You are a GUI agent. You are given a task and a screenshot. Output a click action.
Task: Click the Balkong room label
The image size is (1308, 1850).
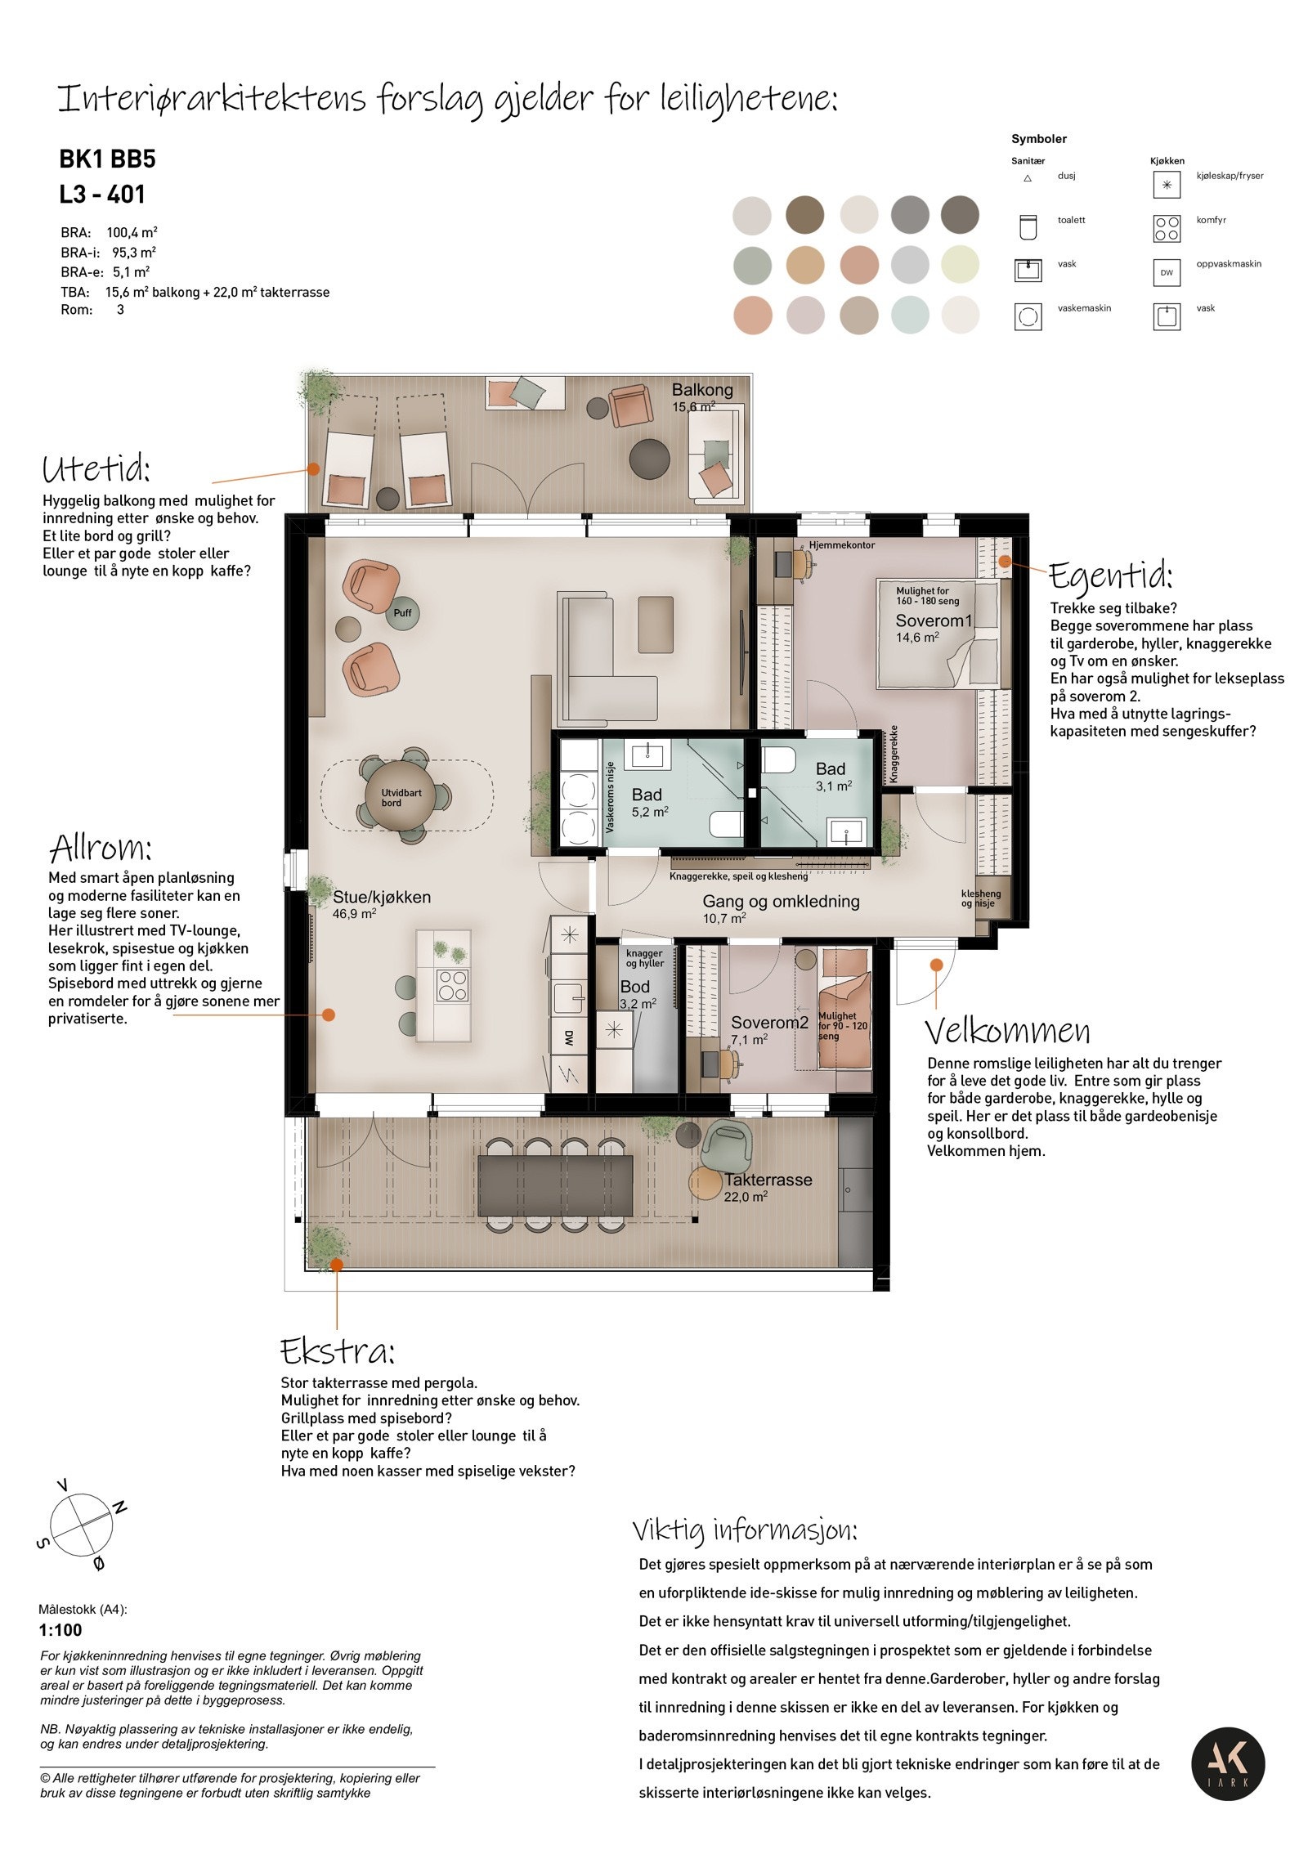click(x=701, y=390)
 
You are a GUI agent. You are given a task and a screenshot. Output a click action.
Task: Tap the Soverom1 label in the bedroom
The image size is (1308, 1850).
click(x=934, y=620)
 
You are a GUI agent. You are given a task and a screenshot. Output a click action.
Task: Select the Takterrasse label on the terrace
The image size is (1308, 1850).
click(x=768, y=1180)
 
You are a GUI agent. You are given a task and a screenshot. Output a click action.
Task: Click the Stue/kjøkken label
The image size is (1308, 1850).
click(x=381, y=897)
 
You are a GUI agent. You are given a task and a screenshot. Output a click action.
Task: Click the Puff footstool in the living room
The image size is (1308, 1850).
click(x=402, y=613)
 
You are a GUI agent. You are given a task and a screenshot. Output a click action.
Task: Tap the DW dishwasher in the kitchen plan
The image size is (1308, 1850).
click(x=568, y=1038)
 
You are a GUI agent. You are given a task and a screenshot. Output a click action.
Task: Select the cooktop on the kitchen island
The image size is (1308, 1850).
click(x=452, y=985)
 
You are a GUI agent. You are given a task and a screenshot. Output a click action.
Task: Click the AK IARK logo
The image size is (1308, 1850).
click(x=1227, y=1763)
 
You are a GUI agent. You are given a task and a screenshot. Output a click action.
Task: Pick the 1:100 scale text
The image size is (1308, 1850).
click(x=60, y=1630)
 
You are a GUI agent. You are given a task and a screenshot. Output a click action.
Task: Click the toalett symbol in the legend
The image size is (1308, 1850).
click(x=1028, y=227)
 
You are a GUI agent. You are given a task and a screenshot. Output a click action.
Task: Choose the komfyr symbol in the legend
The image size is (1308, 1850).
click(x=1167, y=229)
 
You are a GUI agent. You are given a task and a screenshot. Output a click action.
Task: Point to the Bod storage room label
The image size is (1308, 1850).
click(x=634, y=987)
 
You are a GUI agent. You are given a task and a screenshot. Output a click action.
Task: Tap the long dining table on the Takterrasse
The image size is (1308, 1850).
click(x=555, y=1185)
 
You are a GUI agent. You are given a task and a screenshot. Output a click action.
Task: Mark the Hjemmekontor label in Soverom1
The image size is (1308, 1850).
click(x=842, y=544)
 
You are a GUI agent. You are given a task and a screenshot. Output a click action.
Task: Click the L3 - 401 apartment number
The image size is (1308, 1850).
click(x=102, y=195)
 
